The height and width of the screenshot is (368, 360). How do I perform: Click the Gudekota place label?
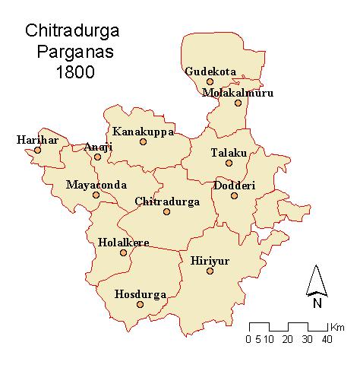tap(210, 72)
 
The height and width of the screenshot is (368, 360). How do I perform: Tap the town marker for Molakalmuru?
tap(238, 103)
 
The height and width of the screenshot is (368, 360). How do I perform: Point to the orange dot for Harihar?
tap(37, 151)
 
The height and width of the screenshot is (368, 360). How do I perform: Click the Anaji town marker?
tap(97, 157)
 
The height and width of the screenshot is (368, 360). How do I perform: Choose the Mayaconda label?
tap(96, 185)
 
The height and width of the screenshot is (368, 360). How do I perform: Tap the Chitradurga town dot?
tap(166, 211)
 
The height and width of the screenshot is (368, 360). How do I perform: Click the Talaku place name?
tap(229, 152)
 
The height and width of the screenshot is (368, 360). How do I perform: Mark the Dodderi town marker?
tap(234, 195)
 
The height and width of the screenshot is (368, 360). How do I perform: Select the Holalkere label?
tap(124, 243)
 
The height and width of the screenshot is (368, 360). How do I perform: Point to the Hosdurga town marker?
tap(140, 305)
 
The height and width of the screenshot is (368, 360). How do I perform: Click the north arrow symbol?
tap(317, 281)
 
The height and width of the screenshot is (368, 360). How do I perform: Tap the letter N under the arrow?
tap(317, 303)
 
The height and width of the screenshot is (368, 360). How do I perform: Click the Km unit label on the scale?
tap(337, 324)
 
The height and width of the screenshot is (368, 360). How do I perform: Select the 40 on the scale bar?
tap(326, 338)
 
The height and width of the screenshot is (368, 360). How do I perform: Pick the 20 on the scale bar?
tap(287, 338)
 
